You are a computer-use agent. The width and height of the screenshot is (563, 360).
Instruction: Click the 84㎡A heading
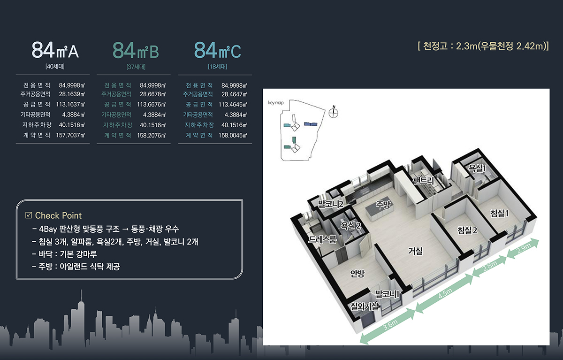tap(55, 50)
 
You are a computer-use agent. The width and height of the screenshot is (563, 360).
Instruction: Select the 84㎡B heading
tap(136, 50)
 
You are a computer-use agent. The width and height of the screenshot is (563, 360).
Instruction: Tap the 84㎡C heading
tap(217, 50)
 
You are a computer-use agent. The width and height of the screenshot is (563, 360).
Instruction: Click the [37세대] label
tap(136, 67)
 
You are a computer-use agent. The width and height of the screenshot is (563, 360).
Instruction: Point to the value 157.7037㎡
tap(70, 135)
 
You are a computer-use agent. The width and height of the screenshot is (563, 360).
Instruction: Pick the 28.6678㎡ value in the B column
tap(153, 94)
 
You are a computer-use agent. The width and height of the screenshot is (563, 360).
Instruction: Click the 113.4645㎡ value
tap(233, 105)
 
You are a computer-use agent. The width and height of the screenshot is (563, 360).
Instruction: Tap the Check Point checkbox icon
tap(29, 215)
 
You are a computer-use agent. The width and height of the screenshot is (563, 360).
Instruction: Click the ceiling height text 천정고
tap(435, 46)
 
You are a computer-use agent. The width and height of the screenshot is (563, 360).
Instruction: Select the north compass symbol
tap(334, 112)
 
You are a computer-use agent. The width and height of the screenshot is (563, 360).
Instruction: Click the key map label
tap(276, 103)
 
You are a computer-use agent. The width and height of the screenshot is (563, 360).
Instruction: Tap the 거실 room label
tap(415, 251)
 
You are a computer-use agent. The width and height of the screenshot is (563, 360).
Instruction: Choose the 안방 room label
tap(357, 273)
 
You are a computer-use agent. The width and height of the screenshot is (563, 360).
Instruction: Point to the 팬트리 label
tap(423, 180)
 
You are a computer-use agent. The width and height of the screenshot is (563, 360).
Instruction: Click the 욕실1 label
tap(477, 168)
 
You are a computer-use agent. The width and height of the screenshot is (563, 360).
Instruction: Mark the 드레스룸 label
tap(322, 239)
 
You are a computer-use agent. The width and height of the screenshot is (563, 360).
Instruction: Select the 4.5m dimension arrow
tap(444, 293)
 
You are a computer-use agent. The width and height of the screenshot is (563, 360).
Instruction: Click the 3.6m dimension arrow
tap(388, 326)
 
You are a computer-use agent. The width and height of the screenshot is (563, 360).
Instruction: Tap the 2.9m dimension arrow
tap(523, 248)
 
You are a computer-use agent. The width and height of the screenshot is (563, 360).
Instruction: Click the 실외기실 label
tap(365, 306)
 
